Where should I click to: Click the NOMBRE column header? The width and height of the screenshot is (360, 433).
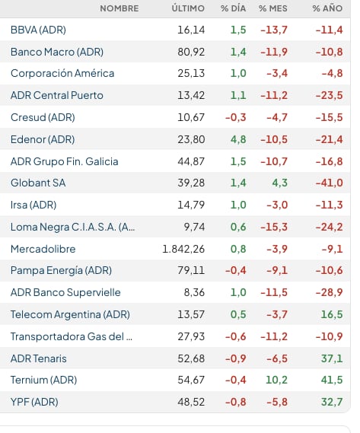click(x=119, y=8)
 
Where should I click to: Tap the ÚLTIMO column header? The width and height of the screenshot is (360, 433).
click(x=188, y=8)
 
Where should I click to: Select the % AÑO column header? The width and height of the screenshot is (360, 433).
click(x=328, y=8)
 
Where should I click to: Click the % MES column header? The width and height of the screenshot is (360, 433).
click(x=273, y=8)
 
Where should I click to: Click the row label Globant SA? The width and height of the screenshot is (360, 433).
click(x=38, y=183)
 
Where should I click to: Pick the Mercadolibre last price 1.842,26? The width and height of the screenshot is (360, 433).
click(x=183, y=249)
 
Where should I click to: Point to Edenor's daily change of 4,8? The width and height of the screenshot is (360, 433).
click(x=238, y=139)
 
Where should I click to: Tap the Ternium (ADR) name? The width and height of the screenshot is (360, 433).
click(x=43, y=380)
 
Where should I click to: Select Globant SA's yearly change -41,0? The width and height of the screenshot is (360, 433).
click(x=330, y=183)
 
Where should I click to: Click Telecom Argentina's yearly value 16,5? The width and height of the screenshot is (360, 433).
click(x=332, y=314)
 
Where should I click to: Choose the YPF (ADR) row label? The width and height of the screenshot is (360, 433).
click(x=34, y=402)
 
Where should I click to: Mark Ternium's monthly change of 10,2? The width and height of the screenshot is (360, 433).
click(x=276, y=380)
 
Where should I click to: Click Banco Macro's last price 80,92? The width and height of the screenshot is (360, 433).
click(x=191, y=52)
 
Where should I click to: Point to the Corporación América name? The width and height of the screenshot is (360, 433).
click(x=62, y=74)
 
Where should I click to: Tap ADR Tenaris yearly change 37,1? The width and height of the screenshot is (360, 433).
click(x=332, y=358)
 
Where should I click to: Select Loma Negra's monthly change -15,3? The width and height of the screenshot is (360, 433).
click(x=274, y=227)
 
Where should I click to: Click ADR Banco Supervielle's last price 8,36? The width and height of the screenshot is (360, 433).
click(x=195, y=292)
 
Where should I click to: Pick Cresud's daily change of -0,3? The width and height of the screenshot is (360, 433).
click(x=236, y=117)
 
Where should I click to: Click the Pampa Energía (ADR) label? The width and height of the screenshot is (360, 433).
click(x=61, y=270)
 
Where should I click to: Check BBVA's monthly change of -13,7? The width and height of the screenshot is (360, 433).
click(x=274, y=30)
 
